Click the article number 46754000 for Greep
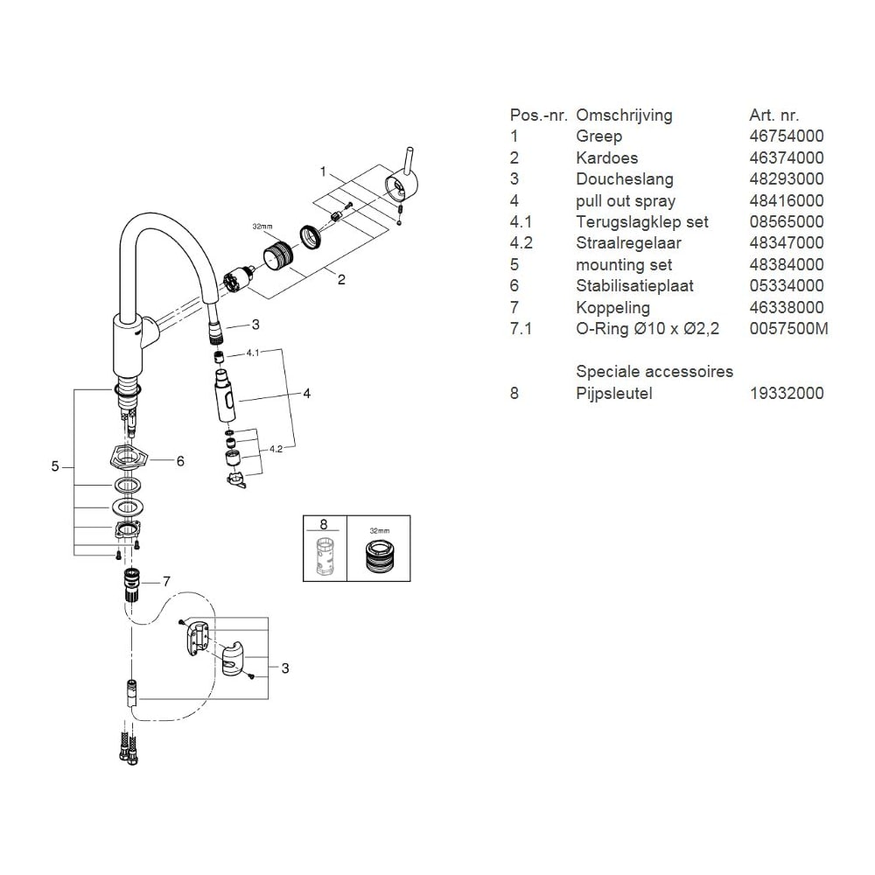point(787,136)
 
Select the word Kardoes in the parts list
point(606,157)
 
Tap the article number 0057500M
point(788,329)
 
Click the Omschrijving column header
point(624,115)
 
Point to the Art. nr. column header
point(774,115)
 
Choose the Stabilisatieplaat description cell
point(634,286)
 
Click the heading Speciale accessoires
point(654,372)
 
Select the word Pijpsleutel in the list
point(614,394)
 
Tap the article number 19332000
point(787,394)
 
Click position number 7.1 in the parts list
point(521,329)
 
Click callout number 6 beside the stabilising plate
point(180,461)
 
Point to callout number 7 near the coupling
point(166,582)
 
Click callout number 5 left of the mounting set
point(54,466)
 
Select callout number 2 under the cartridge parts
point(341,279)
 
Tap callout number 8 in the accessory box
point(324,524)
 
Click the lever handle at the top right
point(402,179)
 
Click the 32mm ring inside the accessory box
point(380,556)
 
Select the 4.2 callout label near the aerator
point(276,449)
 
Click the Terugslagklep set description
point(641,222)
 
